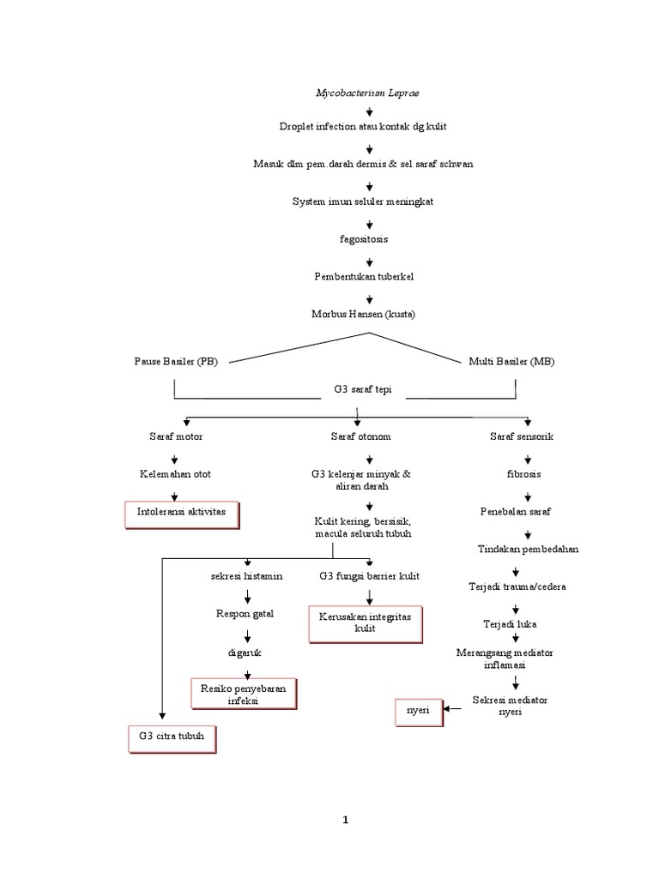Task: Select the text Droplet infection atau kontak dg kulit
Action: [363, 126]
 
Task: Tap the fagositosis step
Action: [364, 238]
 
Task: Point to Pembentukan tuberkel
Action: [364, 276]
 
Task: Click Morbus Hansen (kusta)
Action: [363, 314]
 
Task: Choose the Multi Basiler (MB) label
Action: [511, 362]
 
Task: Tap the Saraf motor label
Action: [176, 436]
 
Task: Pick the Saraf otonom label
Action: [360, 436]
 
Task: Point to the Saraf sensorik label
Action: [522, 436]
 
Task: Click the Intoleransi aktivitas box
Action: [181, 512]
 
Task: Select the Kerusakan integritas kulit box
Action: [366, 622]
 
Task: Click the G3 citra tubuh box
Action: [172, 737]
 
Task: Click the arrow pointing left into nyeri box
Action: [453, 709]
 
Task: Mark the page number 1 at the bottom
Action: [346, 819]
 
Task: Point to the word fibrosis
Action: [523, 473]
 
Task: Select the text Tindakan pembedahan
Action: [528, 549]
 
